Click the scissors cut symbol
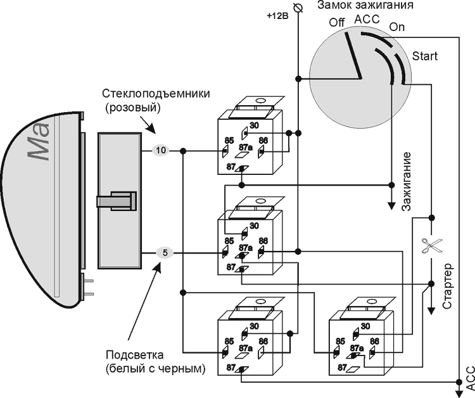pos(431,245)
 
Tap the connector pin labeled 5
pos(165,253)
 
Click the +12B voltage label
pos(277,15)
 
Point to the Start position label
pos(424,56)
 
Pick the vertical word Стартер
pos(447,285)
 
